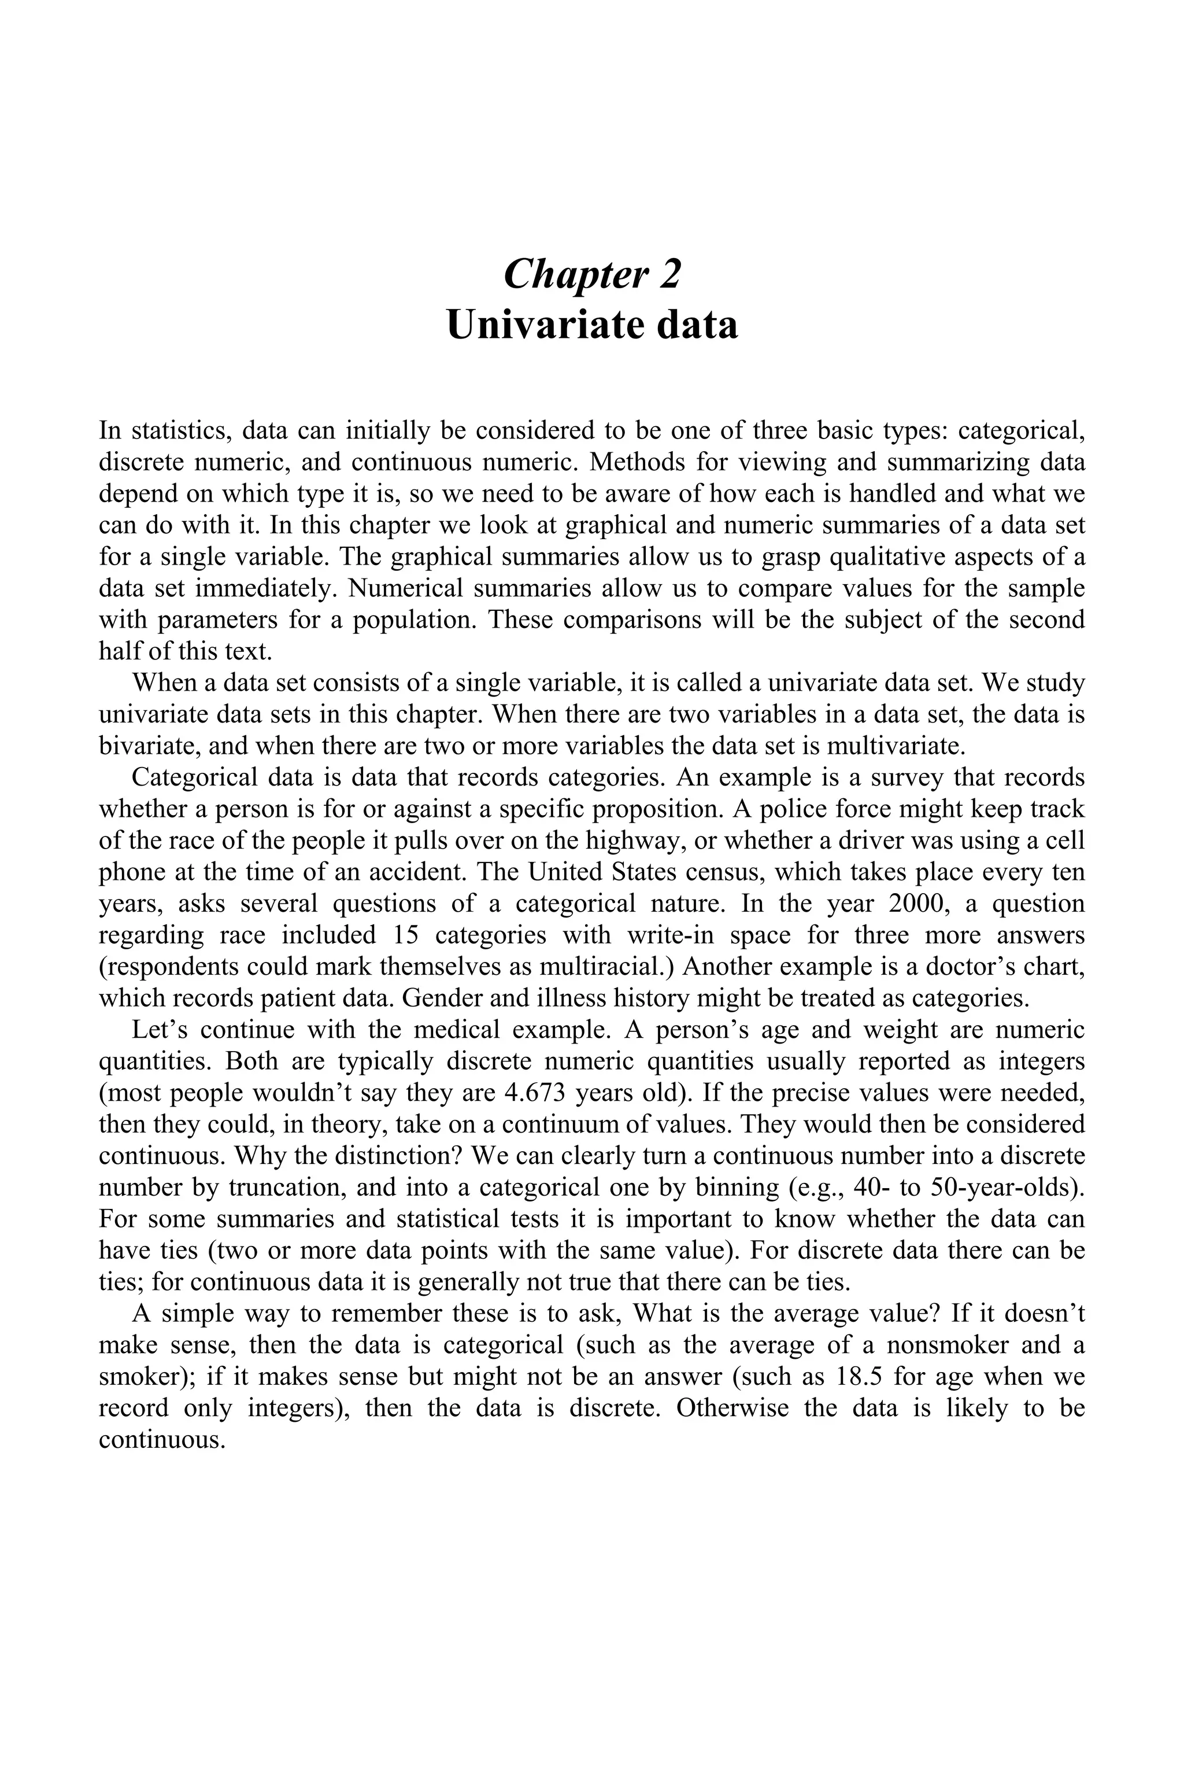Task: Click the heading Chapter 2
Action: [592, 274]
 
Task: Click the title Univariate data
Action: [592, 325]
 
